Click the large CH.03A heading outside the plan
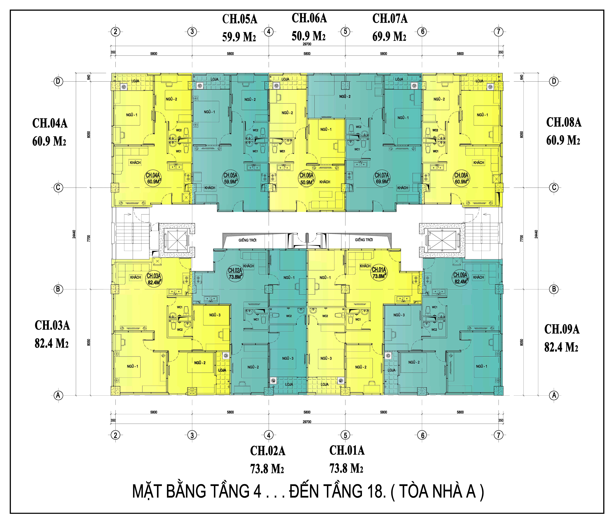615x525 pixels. click(52, 325)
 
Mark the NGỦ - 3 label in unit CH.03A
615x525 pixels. click(215, 315)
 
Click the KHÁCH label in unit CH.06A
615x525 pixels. click(325, 182)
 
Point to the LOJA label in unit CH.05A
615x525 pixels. click(214, 79)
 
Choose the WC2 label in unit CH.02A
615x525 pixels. click(289, 316)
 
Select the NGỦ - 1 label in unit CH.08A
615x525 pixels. click(482, 115)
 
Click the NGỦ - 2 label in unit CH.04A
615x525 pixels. click(171, 99)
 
